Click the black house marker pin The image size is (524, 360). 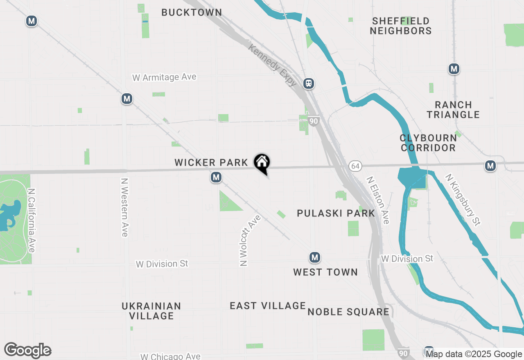262,163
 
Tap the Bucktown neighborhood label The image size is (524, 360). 192,13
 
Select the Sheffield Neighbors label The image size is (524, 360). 401,26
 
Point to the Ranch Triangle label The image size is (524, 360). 453,110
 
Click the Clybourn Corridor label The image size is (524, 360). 428,143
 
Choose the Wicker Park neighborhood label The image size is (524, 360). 211,163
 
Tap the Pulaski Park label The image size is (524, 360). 336,213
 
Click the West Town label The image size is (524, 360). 325,272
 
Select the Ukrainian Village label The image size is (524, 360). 151,311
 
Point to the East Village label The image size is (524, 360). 268,306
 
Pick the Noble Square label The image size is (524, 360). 348,312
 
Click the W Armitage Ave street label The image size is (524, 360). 164,77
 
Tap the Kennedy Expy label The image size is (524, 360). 273,65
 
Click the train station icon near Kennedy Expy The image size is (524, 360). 309,83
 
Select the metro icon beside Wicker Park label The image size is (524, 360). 216,177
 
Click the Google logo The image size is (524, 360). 27,351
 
